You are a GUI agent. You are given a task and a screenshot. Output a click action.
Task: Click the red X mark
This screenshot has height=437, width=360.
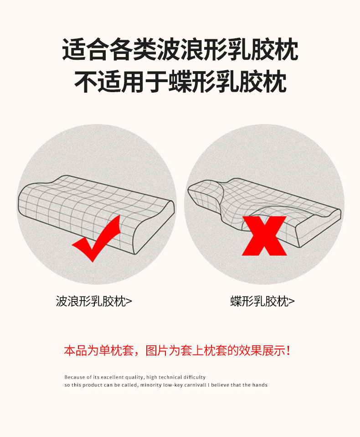(264, 236)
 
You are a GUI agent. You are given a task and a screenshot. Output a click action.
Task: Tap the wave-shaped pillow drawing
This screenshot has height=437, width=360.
(96, 214)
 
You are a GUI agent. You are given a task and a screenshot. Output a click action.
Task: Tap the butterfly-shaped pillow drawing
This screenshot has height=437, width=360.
(264, 212)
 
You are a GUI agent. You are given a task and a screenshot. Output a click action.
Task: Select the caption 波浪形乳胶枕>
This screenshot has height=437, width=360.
(94, 301)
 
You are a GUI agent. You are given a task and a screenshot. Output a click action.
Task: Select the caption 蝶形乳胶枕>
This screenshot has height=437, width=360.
(262, 301)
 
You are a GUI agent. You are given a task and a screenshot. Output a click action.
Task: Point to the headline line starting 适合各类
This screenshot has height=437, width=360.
(180, 49)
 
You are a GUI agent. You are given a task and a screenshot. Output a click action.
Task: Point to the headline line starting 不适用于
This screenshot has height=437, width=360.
(180, 81)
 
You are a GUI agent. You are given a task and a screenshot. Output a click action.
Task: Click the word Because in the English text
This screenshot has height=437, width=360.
(74, 377)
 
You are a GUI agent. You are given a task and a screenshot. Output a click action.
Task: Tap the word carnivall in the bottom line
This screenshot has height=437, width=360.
(196, 385)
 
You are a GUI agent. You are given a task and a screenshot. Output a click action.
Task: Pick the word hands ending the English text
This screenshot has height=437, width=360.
(260, 385)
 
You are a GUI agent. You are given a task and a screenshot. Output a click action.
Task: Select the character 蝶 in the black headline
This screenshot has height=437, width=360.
(180, 81)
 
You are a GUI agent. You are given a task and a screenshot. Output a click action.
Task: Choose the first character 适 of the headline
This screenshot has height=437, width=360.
(73, 49)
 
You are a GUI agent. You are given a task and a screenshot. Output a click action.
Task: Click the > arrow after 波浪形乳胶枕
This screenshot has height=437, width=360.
(129, 302)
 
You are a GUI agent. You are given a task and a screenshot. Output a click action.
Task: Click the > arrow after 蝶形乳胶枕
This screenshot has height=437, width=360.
(292, 302)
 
